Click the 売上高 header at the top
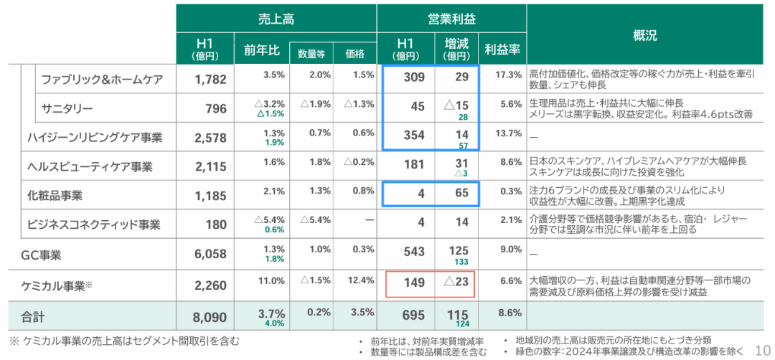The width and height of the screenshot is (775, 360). coord(277,19)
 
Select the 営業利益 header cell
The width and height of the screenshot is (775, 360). coord(451,19)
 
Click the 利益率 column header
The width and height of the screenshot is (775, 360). coord(502,50)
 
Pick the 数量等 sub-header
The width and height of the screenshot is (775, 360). coord(311,53)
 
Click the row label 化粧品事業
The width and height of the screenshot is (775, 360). coord(55,195)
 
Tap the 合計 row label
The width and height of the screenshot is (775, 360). coord(32,316)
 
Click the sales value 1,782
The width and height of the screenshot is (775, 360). coord(210,79)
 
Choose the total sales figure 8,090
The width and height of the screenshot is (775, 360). coord(210,316)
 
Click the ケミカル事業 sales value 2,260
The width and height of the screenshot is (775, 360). coord(210,285)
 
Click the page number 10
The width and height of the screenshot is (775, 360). coord(761,347)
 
